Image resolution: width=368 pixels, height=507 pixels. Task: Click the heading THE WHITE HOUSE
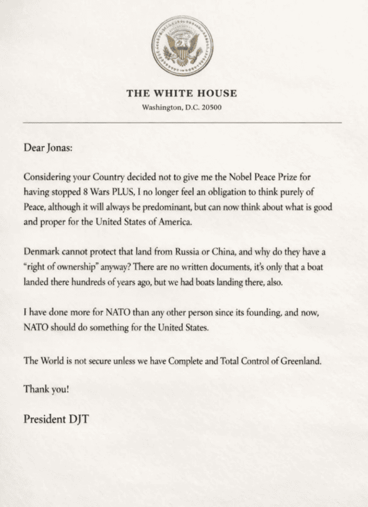point(182,93)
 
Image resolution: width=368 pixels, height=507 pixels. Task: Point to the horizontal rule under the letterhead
point(182,122)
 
